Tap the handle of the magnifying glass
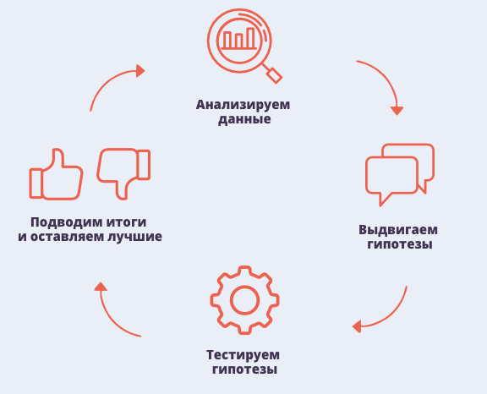pos(275,75)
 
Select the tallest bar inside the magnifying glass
pos(250,38)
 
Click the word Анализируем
pos(243,105)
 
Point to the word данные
pos(244,119)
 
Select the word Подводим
pos(67,222)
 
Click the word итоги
pos(127,222)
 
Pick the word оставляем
pos(67,237)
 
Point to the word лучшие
pos(134,238)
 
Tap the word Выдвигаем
pos(398,230)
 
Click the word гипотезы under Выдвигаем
pos(400,244)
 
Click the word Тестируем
pos(243,355)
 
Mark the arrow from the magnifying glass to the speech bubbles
pos(387,79)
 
